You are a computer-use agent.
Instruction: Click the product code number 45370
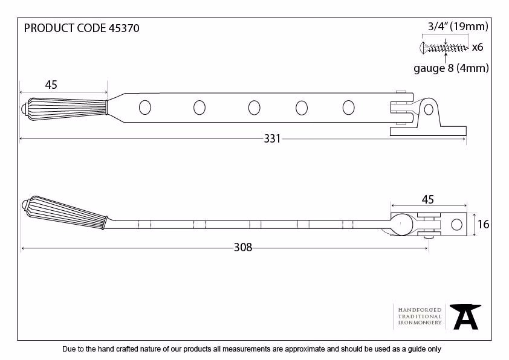(124, 28)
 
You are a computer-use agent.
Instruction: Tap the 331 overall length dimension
(272, 139)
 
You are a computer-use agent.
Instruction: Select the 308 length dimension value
(243, 248)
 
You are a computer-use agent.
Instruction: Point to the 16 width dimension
(484, 224)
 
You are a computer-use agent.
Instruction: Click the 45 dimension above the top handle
(51, 85)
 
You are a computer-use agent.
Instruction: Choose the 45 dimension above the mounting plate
(428, 199)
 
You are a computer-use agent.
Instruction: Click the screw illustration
(444, 48)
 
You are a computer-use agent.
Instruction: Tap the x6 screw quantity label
(478, 47)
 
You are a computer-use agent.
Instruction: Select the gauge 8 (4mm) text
(451, 68)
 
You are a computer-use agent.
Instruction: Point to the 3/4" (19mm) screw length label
(458, 26)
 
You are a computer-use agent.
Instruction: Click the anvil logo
(465, 317)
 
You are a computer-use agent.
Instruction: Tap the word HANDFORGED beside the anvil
(420, 310)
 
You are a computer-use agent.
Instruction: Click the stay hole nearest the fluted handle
(144, 108)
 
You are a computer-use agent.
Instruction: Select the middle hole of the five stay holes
(254, 108)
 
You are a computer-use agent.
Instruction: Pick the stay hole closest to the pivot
(349, 108)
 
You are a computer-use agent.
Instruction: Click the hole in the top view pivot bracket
(429, 109)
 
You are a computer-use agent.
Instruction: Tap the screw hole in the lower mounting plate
(456, 225)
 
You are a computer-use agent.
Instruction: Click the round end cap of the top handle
(24, 109)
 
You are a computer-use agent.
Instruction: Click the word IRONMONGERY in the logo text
(420, 323)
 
